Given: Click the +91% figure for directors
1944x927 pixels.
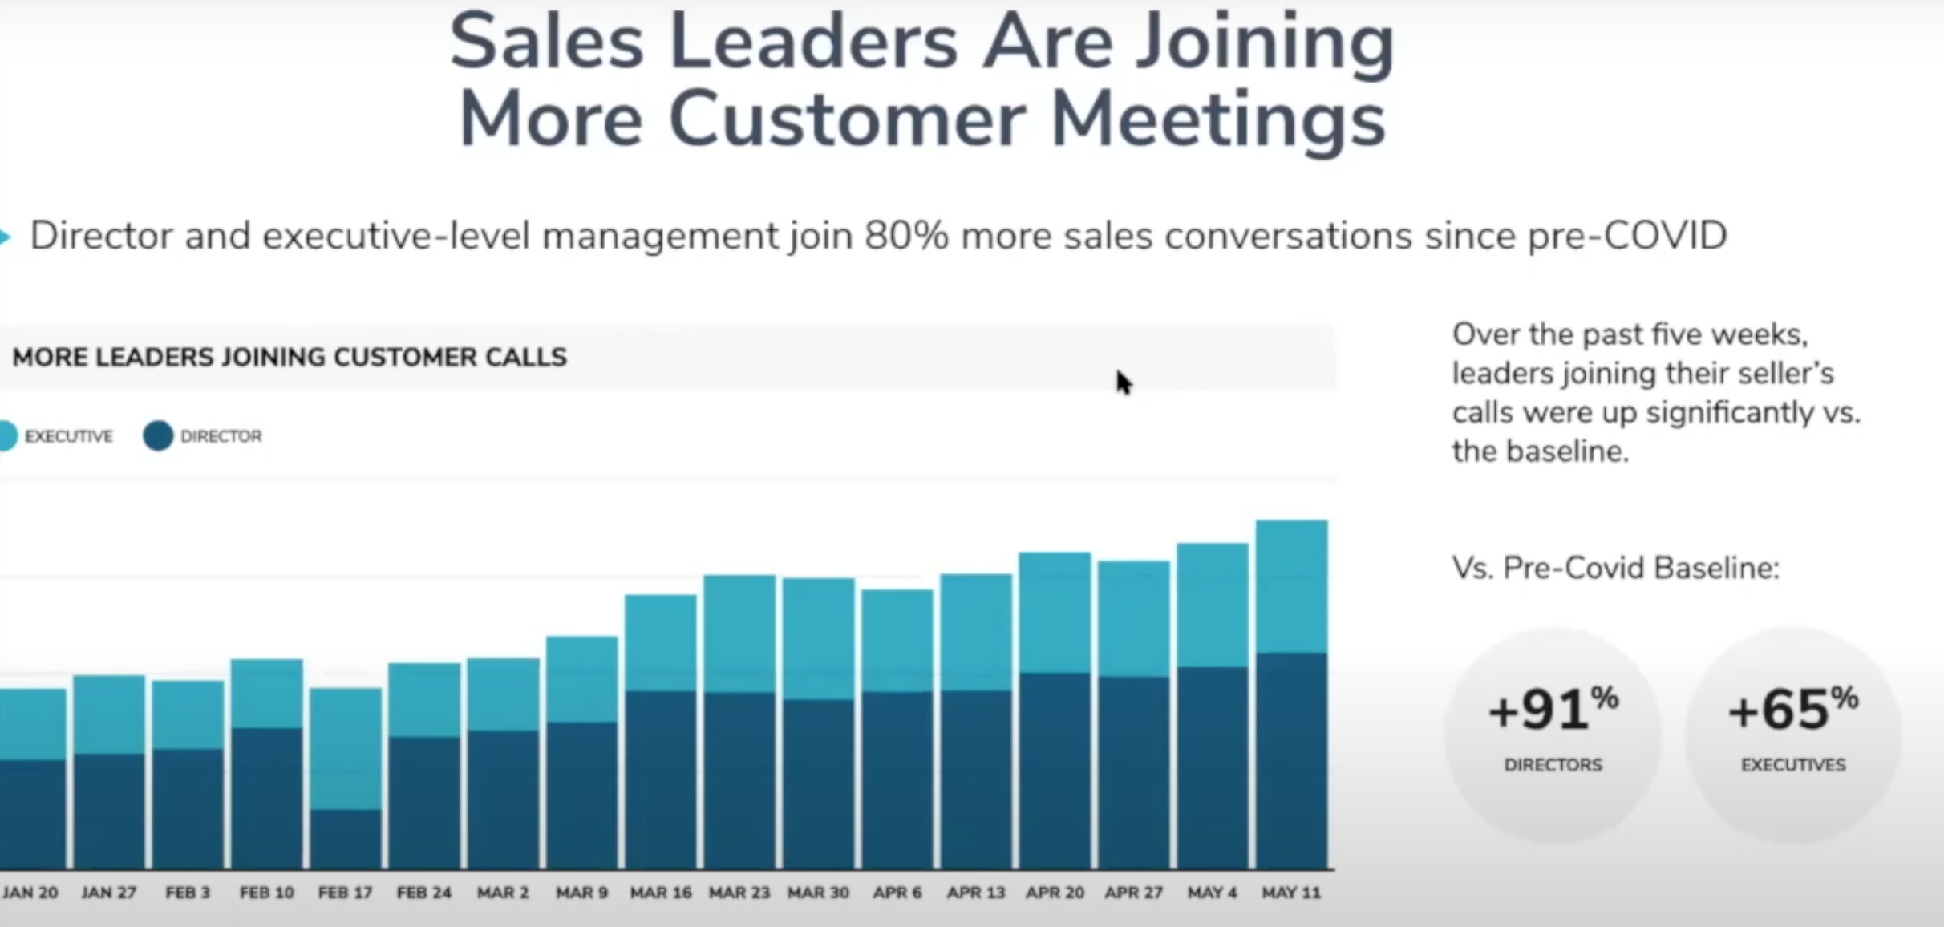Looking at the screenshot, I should pyautogui.click(x=1553, y=710).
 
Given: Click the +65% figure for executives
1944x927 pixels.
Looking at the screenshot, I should pyautogui.click(x=1792, y=710).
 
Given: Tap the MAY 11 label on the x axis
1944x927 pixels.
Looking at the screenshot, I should pyautogui.click(x=1290, y=893).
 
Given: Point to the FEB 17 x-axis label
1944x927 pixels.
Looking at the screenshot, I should pyautogui.click(x=345, y=893).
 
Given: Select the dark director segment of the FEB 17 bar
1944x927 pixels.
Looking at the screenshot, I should pyautogui.click(x=345, y=840).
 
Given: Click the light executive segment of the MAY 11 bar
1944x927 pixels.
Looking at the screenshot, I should pyautogui.click(x=1291, y=586).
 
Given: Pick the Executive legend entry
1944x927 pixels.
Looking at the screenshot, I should pyautogui.click(x=56, y=436).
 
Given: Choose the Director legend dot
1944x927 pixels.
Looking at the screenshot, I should pyautogui.click(x=158, y=436).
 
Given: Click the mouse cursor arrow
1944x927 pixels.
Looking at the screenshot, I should pyautogui.click(x=1123, y=382).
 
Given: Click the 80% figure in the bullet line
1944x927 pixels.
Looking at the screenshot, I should pyautogui.click(x=905, y=236).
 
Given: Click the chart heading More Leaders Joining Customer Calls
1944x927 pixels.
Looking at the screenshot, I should pyautogui.click(x=290, y=357).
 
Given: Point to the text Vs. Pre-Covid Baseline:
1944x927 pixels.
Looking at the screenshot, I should pyautogui.click(x=1615, y=568).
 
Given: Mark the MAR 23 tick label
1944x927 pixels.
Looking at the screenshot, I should pyautogui.click(x=739, y=893).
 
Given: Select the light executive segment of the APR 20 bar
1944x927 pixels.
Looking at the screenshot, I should pyautogui.click(x=1055, y=612).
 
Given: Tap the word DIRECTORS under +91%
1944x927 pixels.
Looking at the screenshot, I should pyautogui.click(x=1553, y=765).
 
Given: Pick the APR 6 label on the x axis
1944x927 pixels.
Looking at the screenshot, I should pyautogui.click(x=897, y=893).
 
